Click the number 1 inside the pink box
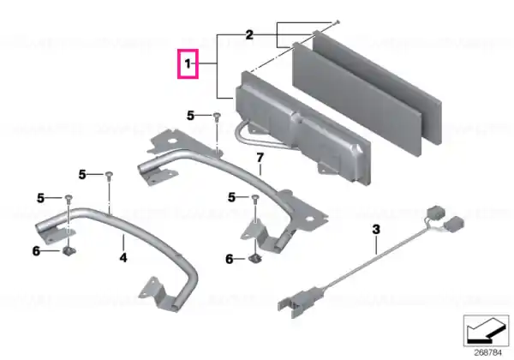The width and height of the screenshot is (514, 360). (x=188, y=63)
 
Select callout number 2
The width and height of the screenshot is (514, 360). (x=249, y=35)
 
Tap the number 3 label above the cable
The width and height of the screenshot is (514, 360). (x=376, y=229)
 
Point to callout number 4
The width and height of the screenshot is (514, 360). (x=123, y=258)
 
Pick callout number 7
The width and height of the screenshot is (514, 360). (x=260, y=158)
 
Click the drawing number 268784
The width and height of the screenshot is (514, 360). (x=488, y=353)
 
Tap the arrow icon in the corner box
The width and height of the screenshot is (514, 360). (x=486, y=331)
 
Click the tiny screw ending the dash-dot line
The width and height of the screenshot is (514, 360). (x=338, y=22)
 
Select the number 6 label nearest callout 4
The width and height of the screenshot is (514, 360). (x=36, y=251)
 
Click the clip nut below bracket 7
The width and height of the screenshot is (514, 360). (x=254, y=259)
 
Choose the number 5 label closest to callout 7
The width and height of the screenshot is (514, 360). (x=231, y=197)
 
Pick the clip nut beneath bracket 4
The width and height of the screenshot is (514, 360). (x=69, y=252)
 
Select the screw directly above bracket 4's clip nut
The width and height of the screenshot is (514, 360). (x=69, y=198)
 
